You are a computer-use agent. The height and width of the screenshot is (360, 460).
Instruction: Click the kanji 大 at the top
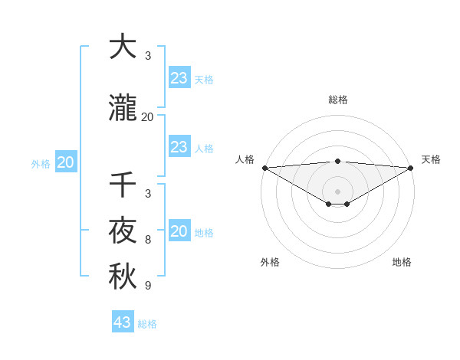(123, 47)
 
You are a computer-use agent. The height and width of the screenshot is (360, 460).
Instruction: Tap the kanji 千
(123, 185)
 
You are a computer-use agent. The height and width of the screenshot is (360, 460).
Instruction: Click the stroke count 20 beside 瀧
(147, 117)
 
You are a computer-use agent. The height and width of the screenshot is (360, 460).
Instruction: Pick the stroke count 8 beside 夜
(147, 240)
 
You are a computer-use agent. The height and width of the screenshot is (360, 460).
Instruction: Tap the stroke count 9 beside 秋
(147, 286)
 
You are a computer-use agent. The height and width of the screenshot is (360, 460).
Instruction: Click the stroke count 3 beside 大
(147, 56)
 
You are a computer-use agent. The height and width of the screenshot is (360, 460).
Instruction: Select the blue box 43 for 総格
(123, 322)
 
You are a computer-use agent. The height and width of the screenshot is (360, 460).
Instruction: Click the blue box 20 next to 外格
(65, 162)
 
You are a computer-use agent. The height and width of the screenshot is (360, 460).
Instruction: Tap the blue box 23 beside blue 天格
(179, 78)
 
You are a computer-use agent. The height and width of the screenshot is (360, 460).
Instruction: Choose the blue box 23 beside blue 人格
(179, 147)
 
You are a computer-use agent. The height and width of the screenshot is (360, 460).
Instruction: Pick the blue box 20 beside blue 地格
(179, 231)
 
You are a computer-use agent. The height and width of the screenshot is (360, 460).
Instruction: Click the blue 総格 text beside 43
(148, 324)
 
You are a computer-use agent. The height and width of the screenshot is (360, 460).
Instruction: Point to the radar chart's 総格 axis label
(337, 100)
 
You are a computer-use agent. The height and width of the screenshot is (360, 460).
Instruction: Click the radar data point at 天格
(411, 168)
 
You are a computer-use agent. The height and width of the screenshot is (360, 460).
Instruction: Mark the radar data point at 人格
(264, 168)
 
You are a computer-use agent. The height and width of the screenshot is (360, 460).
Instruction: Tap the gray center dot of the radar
(337, 191)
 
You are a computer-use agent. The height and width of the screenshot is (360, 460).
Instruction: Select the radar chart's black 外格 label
(270, 262)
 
